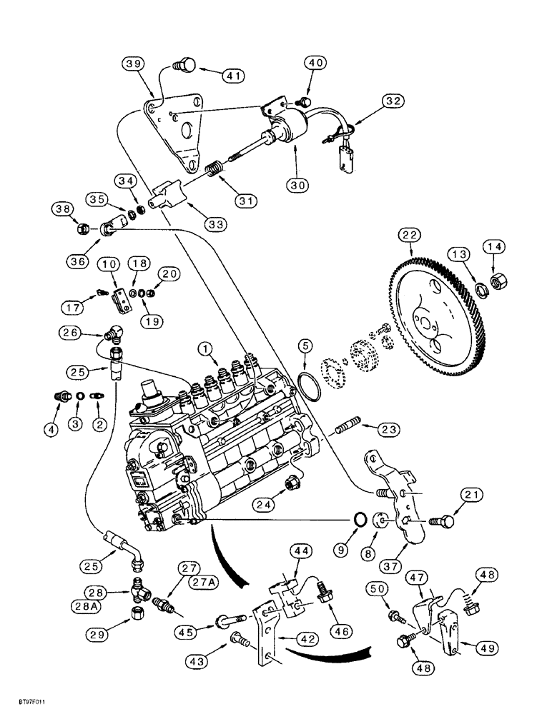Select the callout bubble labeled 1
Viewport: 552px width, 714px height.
[x=205, y=350]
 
